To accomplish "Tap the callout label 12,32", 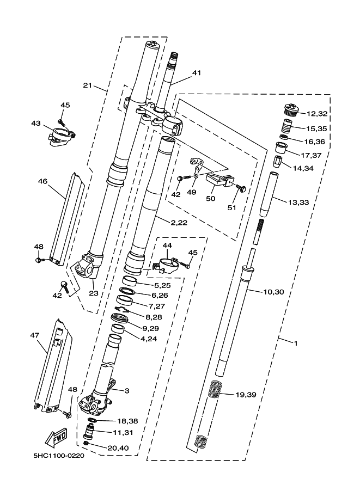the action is point(317,113).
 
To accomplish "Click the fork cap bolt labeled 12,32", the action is point(290,111).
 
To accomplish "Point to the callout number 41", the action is point(197,72).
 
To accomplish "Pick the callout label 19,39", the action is point(246,395).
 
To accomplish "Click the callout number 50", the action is point(211,199).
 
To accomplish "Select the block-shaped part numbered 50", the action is point(217,180).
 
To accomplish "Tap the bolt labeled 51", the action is point(241,187).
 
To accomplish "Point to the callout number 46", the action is point(42,181).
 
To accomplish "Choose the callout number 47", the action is point(34,335).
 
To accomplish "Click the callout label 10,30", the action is point(273,292).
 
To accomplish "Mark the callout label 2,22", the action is point(179,223).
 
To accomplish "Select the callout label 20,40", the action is point(118,448).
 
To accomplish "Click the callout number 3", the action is point(127,391).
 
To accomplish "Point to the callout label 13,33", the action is point(298,202).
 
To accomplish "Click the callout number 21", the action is point(88,85).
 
